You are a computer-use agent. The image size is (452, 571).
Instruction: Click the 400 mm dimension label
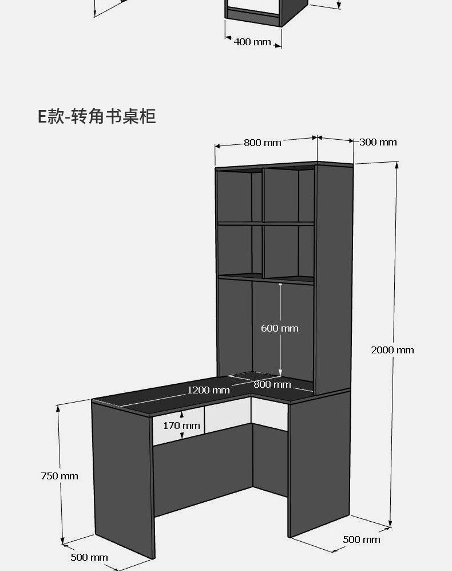pos(252,42)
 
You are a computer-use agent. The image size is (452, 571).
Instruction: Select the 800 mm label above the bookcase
pos(263,143)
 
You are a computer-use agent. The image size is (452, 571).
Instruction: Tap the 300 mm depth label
pos(378,142)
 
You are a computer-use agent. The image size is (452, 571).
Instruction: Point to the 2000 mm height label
pos(392,350)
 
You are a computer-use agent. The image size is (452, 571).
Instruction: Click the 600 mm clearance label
pos(280,328)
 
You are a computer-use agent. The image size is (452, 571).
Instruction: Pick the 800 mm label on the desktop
pos(272,384)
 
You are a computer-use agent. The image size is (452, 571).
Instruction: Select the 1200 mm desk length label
pos(208,390)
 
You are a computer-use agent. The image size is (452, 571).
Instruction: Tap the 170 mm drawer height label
pos(181,426)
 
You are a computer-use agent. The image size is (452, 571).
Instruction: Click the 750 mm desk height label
pos(60,476)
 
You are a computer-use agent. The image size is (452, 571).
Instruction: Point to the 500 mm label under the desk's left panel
pos(89,557)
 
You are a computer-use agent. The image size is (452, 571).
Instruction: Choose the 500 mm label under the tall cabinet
pos(361,540)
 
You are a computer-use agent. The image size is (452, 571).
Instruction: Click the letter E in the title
pos(42,117)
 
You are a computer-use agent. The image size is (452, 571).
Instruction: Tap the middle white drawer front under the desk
pos(227,418)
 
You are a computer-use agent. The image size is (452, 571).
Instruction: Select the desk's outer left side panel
pos(122,478)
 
